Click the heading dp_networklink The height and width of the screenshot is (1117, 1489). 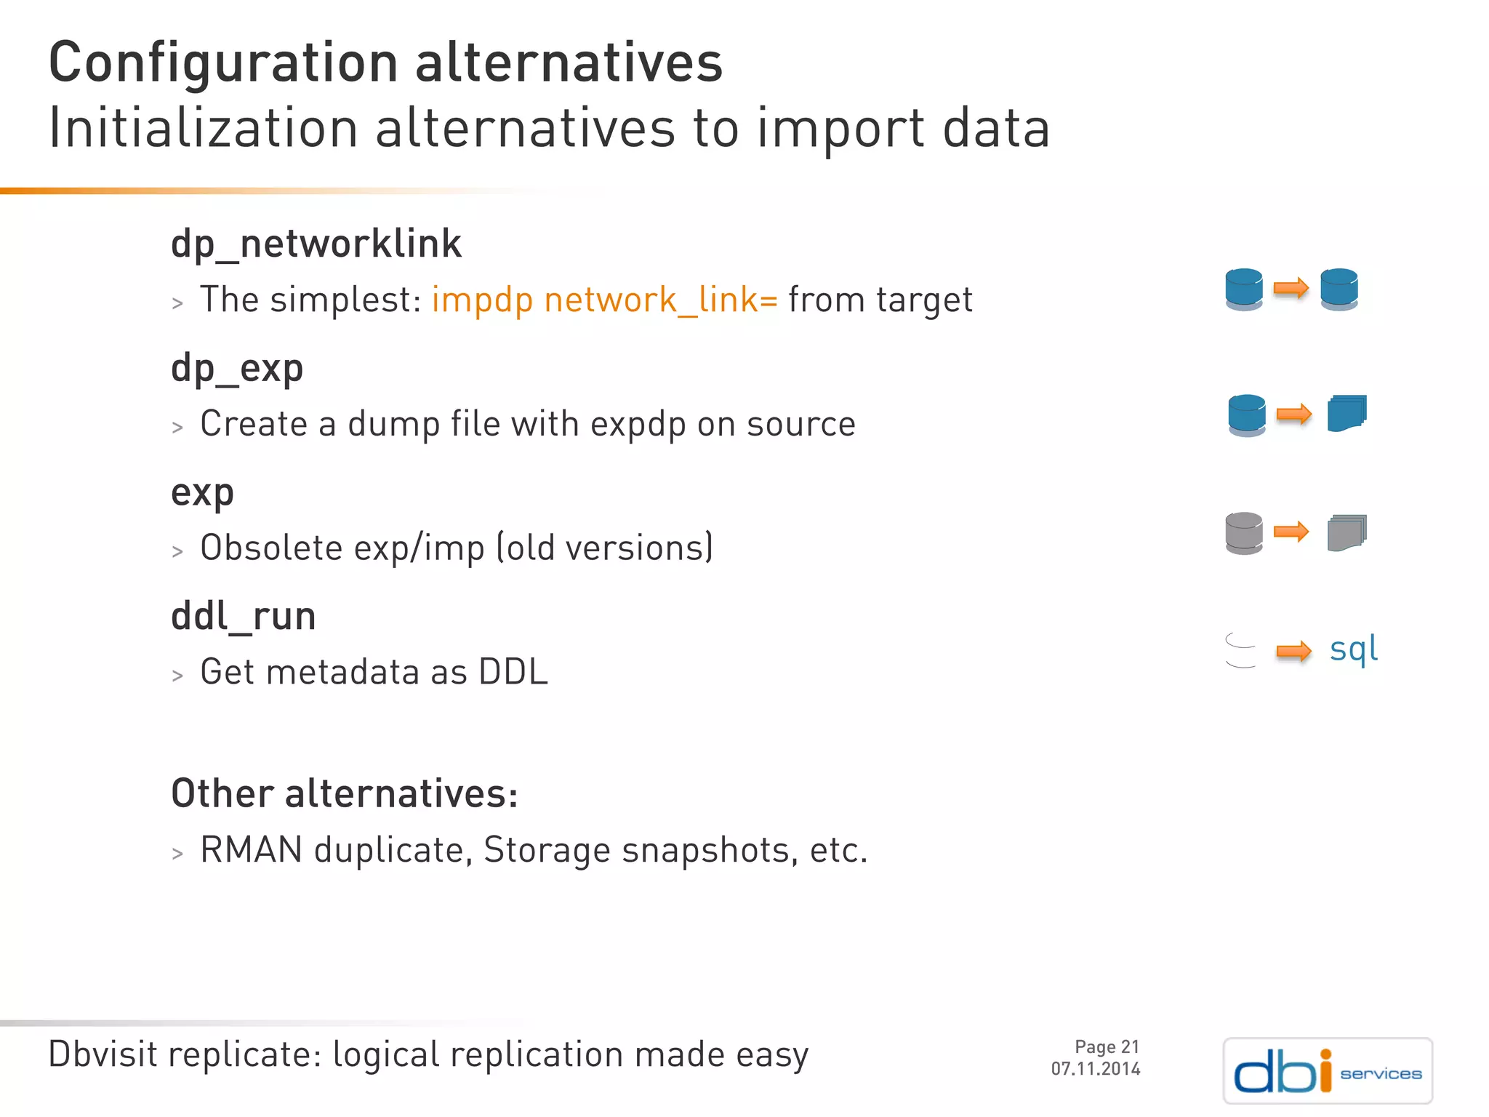point(316,244)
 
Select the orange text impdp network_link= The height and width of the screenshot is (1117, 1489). point(604,300)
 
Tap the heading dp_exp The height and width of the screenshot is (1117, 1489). point(236,368)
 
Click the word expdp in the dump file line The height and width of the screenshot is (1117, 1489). point(638,424)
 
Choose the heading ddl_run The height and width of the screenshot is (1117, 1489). point(243,617)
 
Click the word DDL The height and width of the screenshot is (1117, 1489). point(513,672)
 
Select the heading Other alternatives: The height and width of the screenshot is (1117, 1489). point(345,793)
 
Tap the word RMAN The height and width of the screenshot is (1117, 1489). point(251,849)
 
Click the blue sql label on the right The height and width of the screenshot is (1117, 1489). point(1353,649)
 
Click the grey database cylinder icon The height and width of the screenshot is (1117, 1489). point(1243,533)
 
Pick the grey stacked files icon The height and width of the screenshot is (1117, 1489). point(1346,533)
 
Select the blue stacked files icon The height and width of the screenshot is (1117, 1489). point(1346,414)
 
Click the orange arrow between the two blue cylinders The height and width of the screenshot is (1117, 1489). point(1291,289)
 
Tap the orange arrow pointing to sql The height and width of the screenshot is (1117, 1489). point(1293,651)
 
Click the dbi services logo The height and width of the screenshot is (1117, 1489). point(1328,1070)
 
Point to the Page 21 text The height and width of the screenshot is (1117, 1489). point(1107,1046)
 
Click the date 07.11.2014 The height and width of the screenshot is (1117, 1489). point(1095,1069)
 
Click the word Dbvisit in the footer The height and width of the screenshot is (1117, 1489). point(103,1054)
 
